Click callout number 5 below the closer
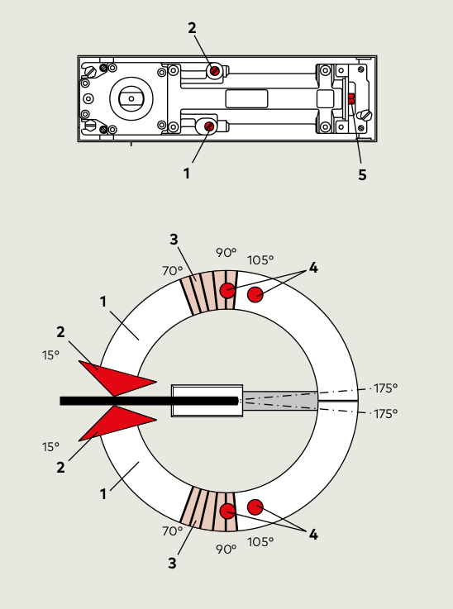coord(362,175)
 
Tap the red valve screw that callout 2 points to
coord(214,71)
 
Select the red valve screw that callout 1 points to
coord(209,126)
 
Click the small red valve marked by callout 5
coord(351,98)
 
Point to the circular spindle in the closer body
coord(131,98)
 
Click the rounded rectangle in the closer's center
coord(246,98)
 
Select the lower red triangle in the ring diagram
coord(117,423)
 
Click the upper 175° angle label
coord(385,388)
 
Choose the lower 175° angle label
coord(385,414)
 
